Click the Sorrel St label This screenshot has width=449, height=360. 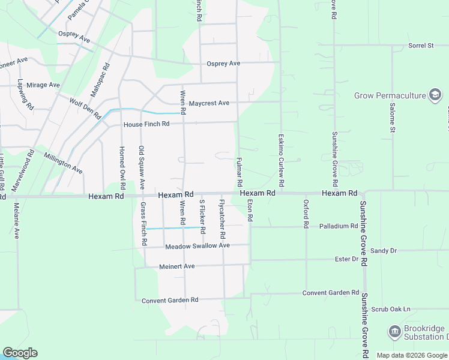coord(420,46)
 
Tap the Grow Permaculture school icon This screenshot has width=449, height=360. coord(435,95)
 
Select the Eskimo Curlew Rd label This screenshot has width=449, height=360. coord(281,159)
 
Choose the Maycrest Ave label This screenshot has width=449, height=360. coord(209,103)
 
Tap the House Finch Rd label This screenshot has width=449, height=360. coord(147,124)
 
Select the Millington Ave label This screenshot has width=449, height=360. coord(63,163)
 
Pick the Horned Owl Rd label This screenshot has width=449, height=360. coord(122,165)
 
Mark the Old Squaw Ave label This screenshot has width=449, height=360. coord(142,167)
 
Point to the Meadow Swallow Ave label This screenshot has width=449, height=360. coord(189,245)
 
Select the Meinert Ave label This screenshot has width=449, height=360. coord(177,266)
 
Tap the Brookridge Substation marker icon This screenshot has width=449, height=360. coord(394,331)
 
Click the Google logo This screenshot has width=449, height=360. coord(20,353)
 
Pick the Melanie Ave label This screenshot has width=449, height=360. coord(16,221)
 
